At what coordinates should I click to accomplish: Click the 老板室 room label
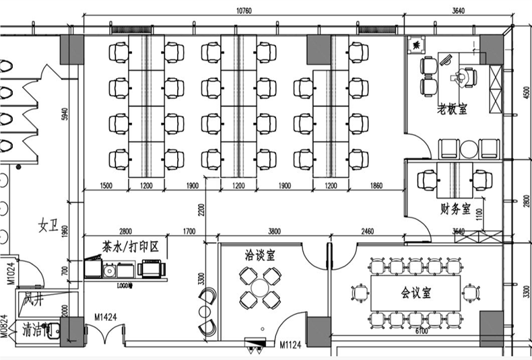tap(452, 109)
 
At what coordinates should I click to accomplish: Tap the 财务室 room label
tap(455, 209)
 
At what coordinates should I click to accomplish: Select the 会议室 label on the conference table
tap(415, 293)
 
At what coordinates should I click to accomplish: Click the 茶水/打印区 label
tap(130, 247)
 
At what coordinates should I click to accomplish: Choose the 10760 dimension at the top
tap(244, 11)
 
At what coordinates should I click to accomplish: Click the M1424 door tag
tap(106, 316)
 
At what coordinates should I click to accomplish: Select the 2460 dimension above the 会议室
tap(368, 232)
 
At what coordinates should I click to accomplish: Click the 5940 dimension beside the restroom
tap(65, 114)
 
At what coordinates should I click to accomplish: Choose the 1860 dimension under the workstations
tap(376, 185)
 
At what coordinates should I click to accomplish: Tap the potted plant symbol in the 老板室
tap(418, 44)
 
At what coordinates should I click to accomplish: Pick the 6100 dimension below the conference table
tap(422, 331)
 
